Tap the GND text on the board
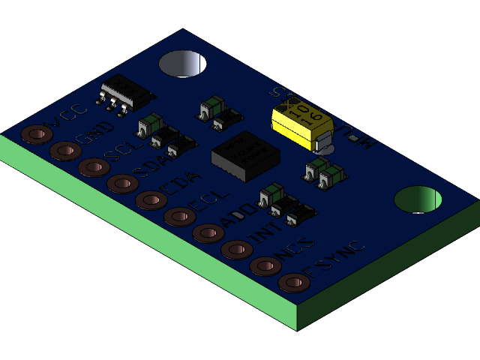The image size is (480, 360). coord(94,135)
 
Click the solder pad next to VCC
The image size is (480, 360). coord(36,134)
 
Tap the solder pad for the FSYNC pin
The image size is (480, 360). coord(293,283)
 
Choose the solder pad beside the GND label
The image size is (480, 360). coord(64,151)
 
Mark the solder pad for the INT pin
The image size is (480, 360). coord(236,250)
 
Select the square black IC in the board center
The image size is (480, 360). coord(245,155)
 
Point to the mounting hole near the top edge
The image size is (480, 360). coord(183,64)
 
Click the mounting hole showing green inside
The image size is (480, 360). coord(418,199)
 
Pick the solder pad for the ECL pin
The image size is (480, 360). coord(179,217)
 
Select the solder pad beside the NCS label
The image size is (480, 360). coord(265,266)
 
